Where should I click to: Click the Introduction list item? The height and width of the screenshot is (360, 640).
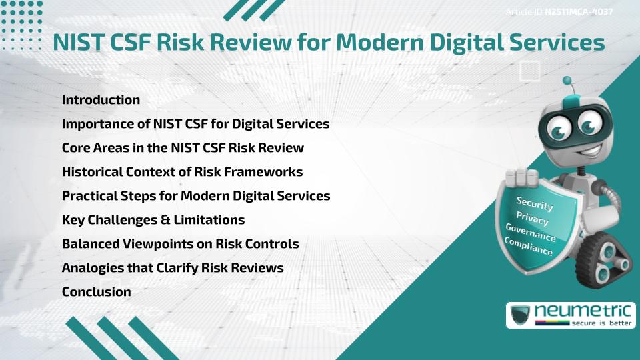(x=101, y=100)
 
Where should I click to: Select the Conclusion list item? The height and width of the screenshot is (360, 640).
(x=96, y=292)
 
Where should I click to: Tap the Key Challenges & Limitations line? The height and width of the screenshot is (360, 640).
(x=153, y=220)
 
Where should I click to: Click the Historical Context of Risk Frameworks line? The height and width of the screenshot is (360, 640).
(x=182, y=172)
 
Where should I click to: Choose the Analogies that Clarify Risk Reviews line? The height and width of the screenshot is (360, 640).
(x=173, y=268)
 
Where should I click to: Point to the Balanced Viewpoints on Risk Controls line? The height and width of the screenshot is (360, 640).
(x=180, y=244)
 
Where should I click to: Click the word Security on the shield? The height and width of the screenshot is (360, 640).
(x=535, y=204)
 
